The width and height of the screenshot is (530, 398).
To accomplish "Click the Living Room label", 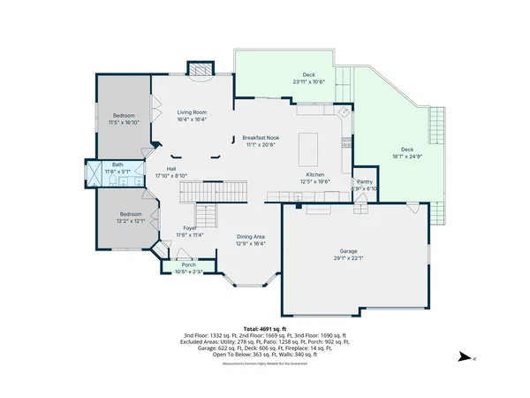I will coord(192,112).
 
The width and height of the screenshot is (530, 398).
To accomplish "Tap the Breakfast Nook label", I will coord(261,137).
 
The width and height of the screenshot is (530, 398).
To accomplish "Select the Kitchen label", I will coord(316,175).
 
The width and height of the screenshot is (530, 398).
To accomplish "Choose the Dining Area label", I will coord(251,236).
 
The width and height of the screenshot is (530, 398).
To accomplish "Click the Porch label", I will coord(189,264).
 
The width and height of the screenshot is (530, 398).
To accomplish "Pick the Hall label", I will coord(172,169).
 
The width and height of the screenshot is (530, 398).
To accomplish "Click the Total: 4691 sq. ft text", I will coord(265,328).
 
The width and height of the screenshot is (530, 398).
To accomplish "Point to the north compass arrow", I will coord(464,358).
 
